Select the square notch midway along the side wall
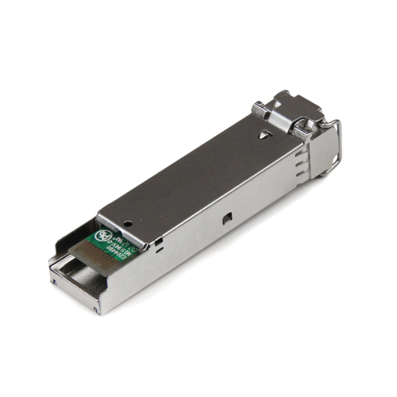click(228, 215)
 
